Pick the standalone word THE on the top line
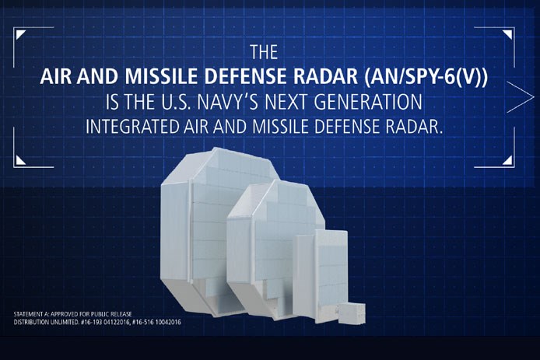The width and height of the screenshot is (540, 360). coord(263,54)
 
